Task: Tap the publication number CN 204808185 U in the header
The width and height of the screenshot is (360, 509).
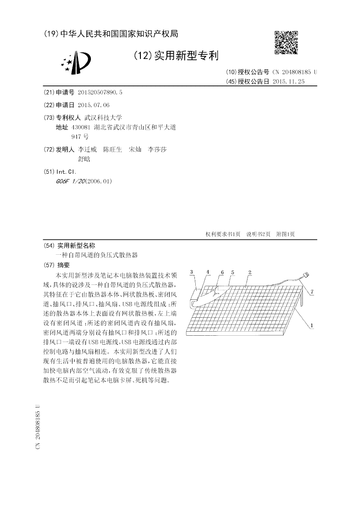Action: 294,72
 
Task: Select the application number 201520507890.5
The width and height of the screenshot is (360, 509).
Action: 100,92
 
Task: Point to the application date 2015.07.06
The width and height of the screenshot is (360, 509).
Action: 94,105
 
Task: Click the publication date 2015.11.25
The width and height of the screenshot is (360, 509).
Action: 289,81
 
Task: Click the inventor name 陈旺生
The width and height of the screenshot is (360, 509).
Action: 112,149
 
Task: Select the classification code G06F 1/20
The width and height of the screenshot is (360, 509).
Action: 71,181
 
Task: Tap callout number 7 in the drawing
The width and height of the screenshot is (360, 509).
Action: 311,293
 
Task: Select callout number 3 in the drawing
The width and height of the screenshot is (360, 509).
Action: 192,272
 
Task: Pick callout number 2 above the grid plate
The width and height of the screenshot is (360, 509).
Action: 250,272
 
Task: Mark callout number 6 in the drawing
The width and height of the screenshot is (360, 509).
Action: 222,273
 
